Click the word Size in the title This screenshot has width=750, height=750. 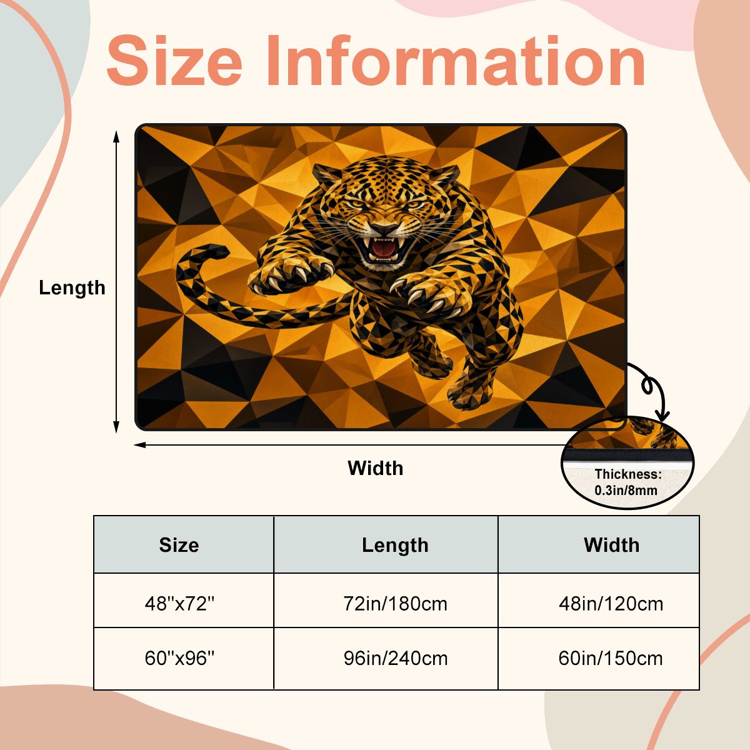tap(174, 61)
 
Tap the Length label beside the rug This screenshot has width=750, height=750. tap(72, 289)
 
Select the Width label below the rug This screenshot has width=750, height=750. tap(375, 468)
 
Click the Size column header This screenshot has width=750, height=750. tap(179, 545)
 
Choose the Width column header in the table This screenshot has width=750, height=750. tap(611, 545)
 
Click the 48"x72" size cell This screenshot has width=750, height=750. tap(179, 604)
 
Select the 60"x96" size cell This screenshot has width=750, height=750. tap(179, 659)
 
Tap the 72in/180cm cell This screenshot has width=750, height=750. tap(395, 604)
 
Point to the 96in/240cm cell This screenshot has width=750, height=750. tap(396, 659)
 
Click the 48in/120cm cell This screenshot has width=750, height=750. tap(611, 604)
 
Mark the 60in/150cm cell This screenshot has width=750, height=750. tap(611, 659)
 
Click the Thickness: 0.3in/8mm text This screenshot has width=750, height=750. tap(627, 482)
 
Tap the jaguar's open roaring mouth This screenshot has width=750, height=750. tap(384, 249)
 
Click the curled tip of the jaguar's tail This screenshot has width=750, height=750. tap(216, 251)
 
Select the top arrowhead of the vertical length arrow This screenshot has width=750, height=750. tap(116, 137)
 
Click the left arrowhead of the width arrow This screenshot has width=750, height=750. tap(140, 445)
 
